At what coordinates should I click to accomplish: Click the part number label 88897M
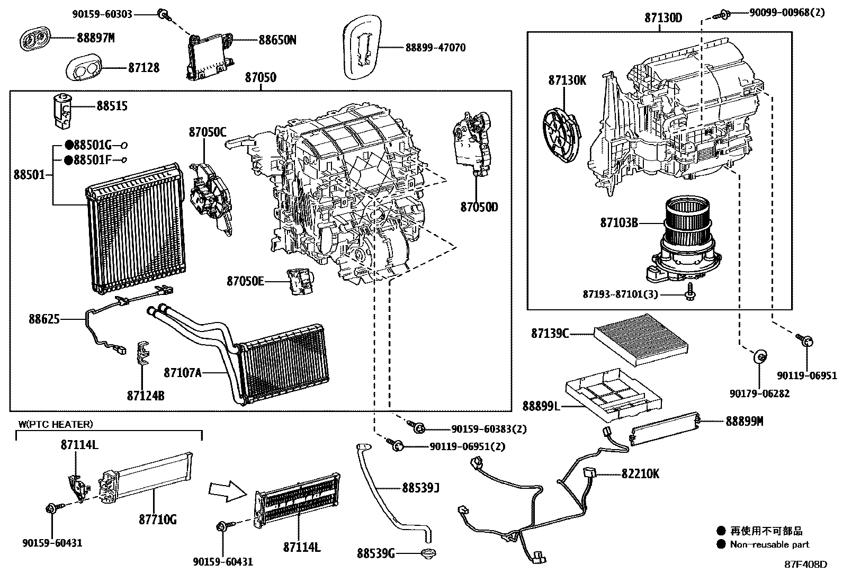pos(96,38)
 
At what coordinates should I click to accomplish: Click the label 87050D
pos(479,207)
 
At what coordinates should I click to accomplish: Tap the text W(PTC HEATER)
pos(56,424)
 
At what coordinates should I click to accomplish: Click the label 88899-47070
pos(435,48)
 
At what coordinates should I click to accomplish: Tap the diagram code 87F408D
pos(805,564)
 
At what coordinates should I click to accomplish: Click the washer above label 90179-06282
pos(759,357)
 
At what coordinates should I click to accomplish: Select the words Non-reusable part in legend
pos(769,544)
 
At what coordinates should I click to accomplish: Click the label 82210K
pos(641,474)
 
